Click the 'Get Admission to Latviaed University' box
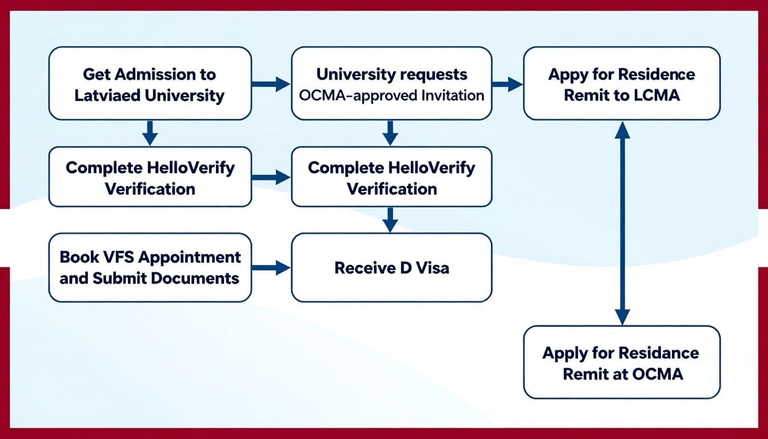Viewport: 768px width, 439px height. tap(150, 83)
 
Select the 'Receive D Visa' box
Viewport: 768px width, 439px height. tap(391, 268)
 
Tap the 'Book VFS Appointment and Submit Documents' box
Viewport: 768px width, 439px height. tap(150, 268)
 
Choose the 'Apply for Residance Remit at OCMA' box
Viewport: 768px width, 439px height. tap(622, 362)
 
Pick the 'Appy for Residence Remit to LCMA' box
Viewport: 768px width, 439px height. tap(622, 83)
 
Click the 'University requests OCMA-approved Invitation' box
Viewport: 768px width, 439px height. tap(391, 83)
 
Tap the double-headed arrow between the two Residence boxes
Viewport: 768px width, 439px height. tap(622, 223)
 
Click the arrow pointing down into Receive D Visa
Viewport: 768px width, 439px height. tap(390, 219)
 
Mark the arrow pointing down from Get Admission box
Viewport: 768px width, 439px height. tap(150, 133)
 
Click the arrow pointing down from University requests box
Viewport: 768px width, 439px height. tap(390, 133)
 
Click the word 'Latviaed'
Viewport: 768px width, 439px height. tap(107, 95)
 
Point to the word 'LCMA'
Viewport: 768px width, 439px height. tap(657, 95)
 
